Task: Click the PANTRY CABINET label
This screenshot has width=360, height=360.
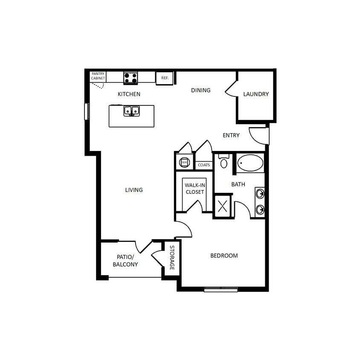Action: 98,76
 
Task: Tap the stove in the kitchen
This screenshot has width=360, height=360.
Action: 131,78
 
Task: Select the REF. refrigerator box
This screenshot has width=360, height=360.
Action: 165,78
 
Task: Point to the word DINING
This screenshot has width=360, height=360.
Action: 200,90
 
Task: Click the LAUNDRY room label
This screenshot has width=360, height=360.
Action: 256,94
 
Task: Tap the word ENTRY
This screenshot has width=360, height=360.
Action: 231,135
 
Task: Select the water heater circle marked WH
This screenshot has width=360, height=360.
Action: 184,162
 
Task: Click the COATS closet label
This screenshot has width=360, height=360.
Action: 204,165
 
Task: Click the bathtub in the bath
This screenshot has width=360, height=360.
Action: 250,163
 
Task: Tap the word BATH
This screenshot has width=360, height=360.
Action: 238,184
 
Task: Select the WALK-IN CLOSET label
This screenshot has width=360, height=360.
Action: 195,189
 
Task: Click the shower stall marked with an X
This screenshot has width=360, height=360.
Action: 223,206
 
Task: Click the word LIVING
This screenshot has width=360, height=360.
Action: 134,190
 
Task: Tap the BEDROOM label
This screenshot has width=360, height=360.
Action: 224,255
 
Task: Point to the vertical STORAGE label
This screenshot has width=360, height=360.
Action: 172,258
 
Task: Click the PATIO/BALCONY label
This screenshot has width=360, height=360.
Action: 125,261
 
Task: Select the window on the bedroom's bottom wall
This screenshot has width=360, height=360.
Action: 221,290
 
